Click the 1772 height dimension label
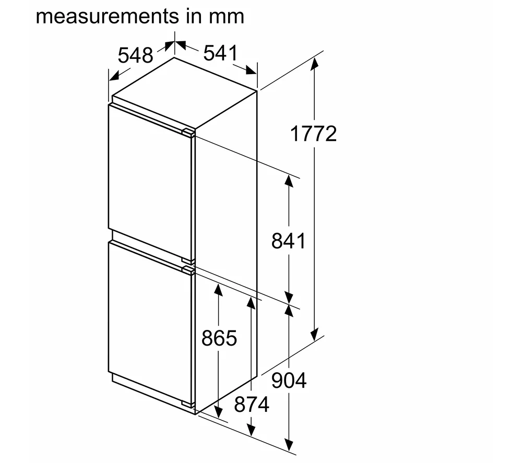tap(313, 134)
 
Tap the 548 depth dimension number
tap(136, 55)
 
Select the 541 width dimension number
tap(221, 53)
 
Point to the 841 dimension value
tap(288, 241)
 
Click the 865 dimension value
tap(219, 338)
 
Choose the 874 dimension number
tap(252, 405)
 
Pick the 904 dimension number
tap(289, 381)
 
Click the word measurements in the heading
tap(108, 16)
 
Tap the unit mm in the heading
tap(227, 17)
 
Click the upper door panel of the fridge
tap(150, 183)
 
